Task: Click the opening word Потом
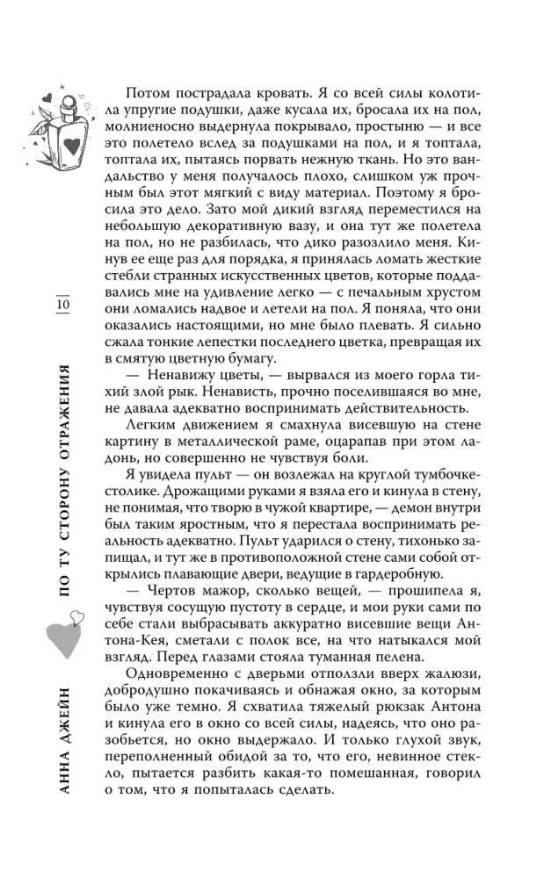coord(149,94)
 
